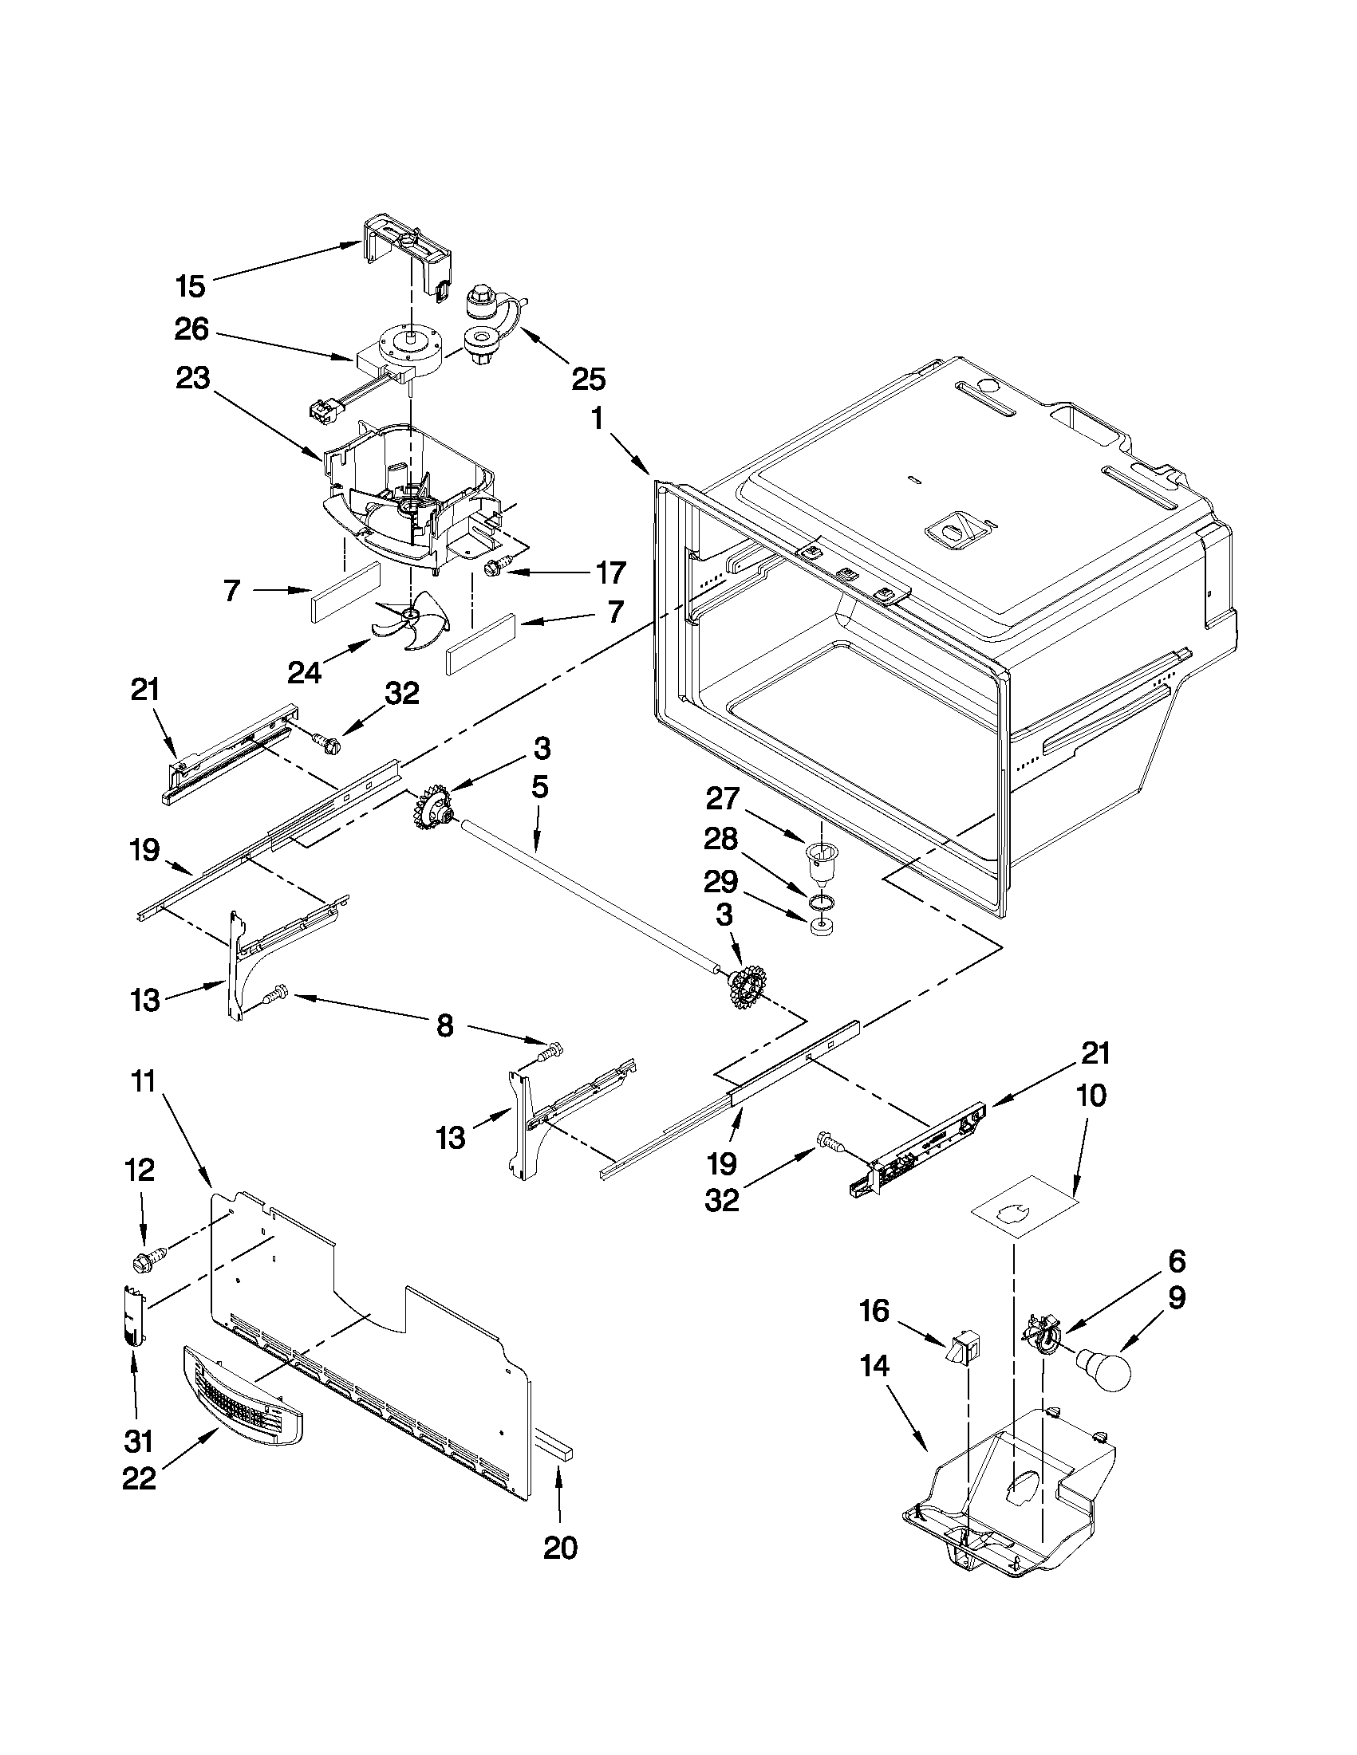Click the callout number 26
click(191, 329)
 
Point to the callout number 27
click(721, 798)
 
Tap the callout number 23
click(192, 378)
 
